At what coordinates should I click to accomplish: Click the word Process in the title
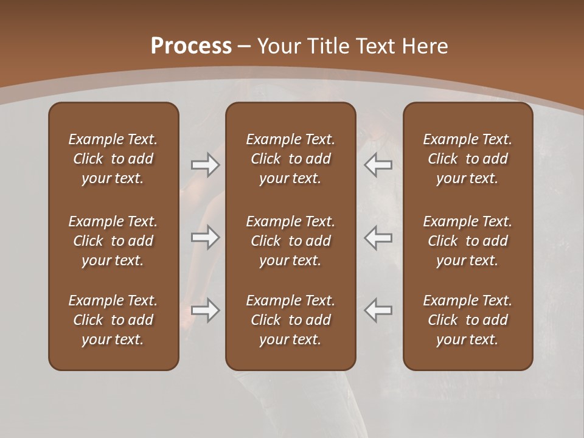tap(191, 46)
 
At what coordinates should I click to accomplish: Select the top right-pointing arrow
tap(206, 165)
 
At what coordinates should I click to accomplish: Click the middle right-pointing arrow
tap(206, 237)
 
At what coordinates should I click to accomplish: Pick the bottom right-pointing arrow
tap(206, 310)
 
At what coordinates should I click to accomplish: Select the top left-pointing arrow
tap(378, 165)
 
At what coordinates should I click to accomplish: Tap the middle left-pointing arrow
tap(378, 237)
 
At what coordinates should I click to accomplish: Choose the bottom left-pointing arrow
tap(378, 310)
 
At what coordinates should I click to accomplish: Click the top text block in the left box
tap(113, 159)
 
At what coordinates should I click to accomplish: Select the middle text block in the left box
tap(113, 241)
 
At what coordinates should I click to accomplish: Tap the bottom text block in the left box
tap(113, 320)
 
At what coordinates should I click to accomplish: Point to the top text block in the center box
tap(290, 159)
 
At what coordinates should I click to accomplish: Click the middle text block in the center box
tap(290, 241)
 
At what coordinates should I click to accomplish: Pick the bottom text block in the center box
tap(290, 320)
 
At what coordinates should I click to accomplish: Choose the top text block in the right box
tap(468, 159)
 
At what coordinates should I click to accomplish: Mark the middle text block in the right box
tap(468, 241)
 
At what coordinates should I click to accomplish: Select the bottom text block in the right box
tap(468, 320)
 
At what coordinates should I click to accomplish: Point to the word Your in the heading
tap(279, 46)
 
